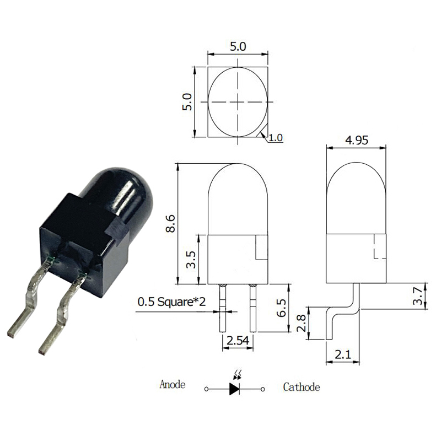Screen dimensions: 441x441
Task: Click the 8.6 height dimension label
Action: [x=170, y=224]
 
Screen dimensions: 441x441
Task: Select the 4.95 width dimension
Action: [x=357, y=140]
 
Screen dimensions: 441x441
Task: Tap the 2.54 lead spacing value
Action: [x=238, y=341]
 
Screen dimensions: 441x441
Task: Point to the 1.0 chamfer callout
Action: [x=276, y=138]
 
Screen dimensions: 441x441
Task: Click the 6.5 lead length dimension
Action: [x=281, y=308]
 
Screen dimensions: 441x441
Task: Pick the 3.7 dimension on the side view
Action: [x=418, y=296]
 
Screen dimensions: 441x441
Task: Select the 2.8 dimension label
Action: [x=300, y=323]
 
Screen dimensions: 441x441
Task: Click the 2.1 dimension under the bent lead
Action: [x=343, y=354]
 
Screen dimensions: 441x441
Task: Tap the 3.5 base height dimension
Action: [x=191, y=259]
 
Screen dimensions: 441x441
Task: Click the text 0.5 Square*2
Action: [x=171, y=302]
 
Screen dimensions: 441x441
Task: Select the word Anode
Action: [x=173, y=384]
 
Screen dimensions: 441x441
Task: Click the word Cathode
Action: [x=301, y=387]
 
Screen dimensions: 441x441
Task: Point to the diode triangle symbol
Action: [x=234, y=389]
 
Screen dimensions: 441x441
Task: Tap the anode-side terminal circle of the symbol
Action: [x=206, y=389]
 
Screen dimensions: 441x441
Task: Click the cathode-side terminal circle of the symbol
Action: [x=263, y=389]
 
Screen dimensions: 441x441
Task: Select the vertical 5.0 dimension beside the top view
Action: [x=187, y=102]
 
